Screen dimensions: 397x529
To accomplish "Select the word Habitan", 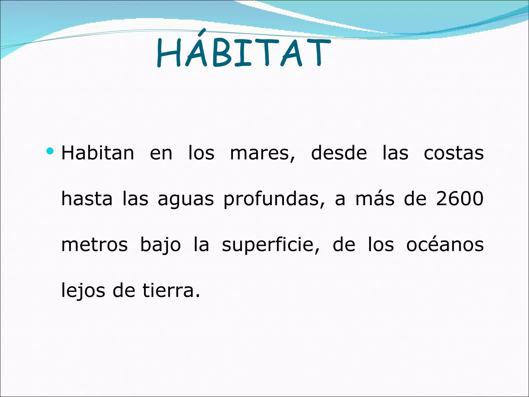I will click(x=98, y=153).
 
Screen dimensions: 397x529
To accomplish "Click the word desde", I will click(x=339, y=153).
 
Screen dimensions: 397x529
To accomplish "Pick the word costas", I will click(x=454, y=154).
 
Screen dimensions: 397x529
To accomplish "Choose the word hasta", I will click(x=87, y=199).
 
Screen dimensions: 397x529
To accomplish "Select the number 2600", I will click(x=460, y=199).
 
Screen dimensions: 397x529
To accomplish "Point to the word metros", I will click(x=94, y=245).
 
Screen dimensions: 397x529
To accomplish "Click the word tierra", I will click(x=171, y=291).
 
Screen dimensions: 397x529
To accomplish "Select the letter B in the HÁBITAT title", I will click(x=221, y=54).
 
